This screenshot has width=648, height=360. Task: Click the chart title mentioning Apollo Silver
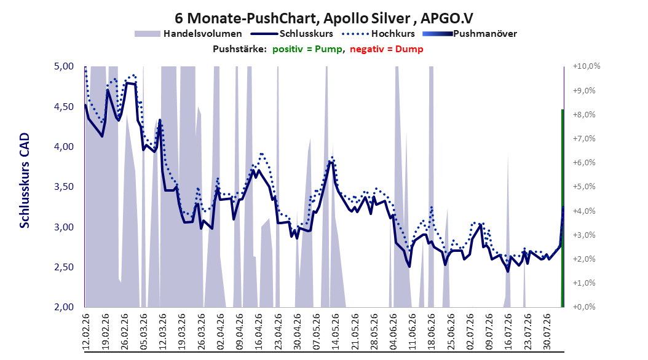pos(323,18)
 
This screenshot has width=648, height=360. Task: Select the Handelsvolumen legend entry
pos(189,34)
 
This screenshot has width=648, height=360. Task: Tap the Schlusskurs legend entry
pos(292,34)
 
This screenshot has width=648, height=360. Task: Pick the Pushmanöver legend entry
pos(470,34)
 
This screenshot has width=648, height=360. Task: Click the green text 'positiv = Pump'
pos(307,49)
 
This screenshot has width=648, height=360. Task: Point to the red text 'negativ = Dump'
pos(387,49)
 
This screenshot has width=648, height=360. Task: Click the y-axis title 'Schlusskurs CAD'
pos(25,181)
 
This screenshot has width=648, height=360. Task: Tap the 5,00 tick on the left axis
pos(64,66)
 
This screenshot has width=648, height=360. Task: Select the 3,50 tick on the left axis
pos(64,187)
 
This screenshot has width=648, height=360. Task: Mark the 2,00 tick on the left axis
pos(64,307)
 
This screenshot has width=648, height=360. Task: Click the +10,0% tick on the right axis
pos(587,66)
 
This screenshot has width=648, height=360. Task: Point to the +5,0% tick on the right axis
pos(584,187)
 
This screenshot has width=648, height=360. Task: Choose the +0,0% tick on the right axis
pos(584,307)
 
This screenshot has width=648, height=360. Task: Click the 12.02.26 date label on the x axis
pos(86,332)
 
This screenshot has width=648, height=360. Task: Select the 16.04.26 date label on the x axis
pos(259,332)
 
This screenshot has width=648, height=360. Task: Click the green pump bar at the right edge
pos(563,208)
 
